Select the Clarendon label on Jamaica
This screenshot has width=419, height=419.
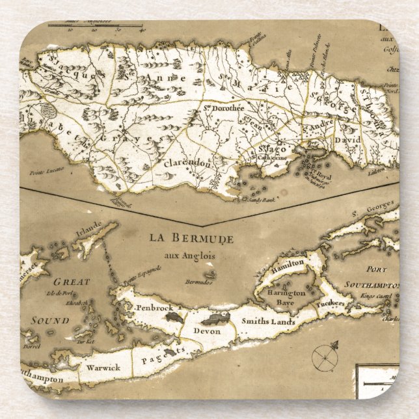coord(188,163)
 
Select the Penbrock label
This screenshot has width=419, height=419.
coord(153,307)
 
